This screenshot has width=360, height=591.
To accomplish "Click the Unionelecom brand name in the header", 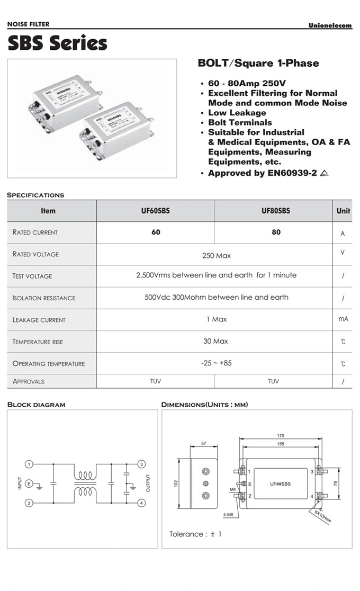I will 330,25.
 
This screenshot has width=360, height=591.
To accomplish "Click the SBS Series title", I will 57,43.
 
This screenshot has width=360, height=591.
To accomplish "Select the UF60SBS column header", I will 156,211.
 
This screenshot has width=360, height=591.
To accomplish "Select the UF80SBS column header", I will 276,211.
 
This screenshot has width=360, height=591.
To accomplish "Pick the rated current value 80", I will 276,232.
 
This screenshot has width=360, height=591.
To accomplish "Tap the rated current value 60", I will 156,232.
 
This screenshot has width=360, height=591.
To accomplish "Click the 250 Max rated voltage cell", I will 217,256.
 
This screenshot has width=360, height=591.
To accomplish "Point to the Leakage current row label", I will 39,320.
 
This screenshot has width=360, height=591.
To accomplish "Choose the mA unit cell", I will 343,319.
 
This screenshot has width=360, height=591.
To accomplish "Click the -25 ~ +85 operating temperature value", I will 216,363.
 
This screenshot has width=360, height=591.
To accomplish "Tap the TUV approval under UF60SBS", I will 156,381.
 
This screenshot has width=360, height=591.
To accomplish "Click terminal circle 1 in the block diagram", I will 30,464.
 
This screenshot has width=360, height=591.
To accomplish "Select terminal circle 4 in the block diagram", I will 141,503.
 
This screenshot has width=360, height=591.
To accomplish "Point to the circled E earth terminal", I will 30,483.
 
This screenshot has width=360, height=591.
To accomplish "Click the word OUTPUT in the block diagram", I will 148,483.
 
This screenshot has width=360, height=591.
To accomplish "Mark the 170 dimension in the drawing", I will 281,436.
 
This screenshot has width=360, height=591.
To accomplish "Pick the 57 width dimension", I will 203,443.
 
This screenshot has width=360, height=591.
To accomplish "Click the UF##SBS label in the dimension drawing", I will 281,483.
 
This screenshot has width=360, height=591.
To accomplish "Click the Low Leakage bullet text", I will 237,113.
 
